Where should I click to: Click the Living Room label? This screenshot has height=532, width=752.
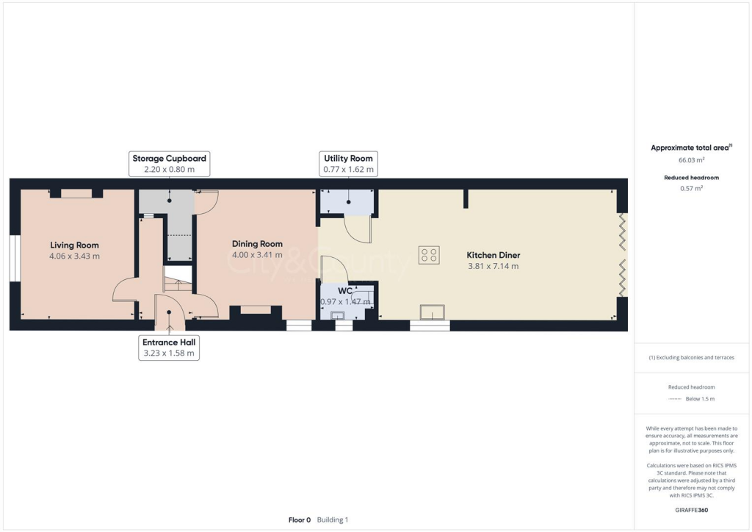[74, 245]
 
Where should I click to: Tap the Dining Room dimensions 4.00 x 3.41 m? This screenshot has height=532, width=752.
[257, 256]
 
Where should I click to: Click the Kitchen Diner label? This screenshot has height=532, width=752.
[493, 255]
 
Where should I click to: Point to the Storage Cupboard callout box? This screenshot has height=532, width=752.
[169, 164]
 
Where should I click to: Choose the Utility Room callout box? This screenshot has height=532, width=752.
[348, 164]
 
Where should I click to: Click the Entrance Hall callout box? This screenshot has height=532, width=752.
[170, 348]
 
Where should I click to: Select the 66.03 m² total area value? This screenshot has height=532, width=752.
[691, 159]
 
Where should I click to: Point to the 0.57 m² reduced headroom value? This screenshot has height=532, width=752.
[691, 188]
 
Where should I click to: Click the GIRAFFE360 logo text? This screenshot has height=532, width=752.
[691, 510]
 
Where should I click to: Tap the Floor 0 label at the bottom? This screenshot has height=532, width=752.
[300, 520]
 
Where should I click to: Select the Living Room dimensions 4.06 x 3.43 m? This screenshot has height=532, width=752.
[74, 256]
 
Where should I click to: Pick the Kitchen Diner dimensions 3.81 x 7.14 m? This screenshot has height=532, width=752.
[493, 266]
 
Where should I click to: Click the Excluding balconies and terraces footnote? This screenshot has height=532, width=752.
[691, 358]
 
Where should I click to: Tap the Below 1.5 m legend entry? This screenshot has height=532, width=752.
[699, 399]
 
